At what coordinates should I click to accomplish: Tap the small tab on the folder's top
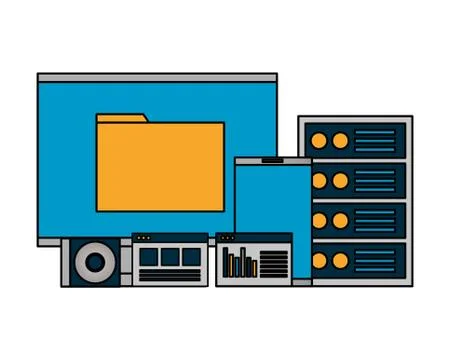(x=121, y=119)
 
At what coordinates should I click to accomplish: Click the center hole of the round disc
(x=95, y=263)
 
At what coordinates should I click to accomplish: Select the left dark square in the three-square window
(x=148, y=258)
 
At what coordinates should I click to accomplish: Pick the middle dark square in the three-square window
(x=169, y=258)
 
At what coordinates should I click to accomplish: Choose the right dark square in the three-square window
(x=190, y=258)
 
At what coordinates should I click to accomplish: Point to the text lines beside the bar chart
(x=274, y=263)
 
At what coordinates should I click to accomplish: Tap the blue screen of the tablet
(x=272, y=200)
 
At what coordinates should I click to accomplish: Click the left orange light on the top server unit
(x=320, y=141)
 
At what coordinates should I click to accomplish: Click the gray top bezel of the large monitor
(x=157, y=77)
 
